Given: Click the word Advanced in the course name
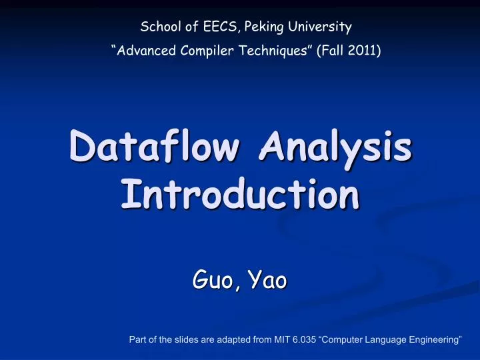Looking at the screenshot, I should coord(145,51).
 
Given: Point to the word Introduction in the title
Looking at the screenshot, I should coord(240,195).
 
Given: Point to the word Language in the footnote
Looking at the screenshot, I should coord(386,340).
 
